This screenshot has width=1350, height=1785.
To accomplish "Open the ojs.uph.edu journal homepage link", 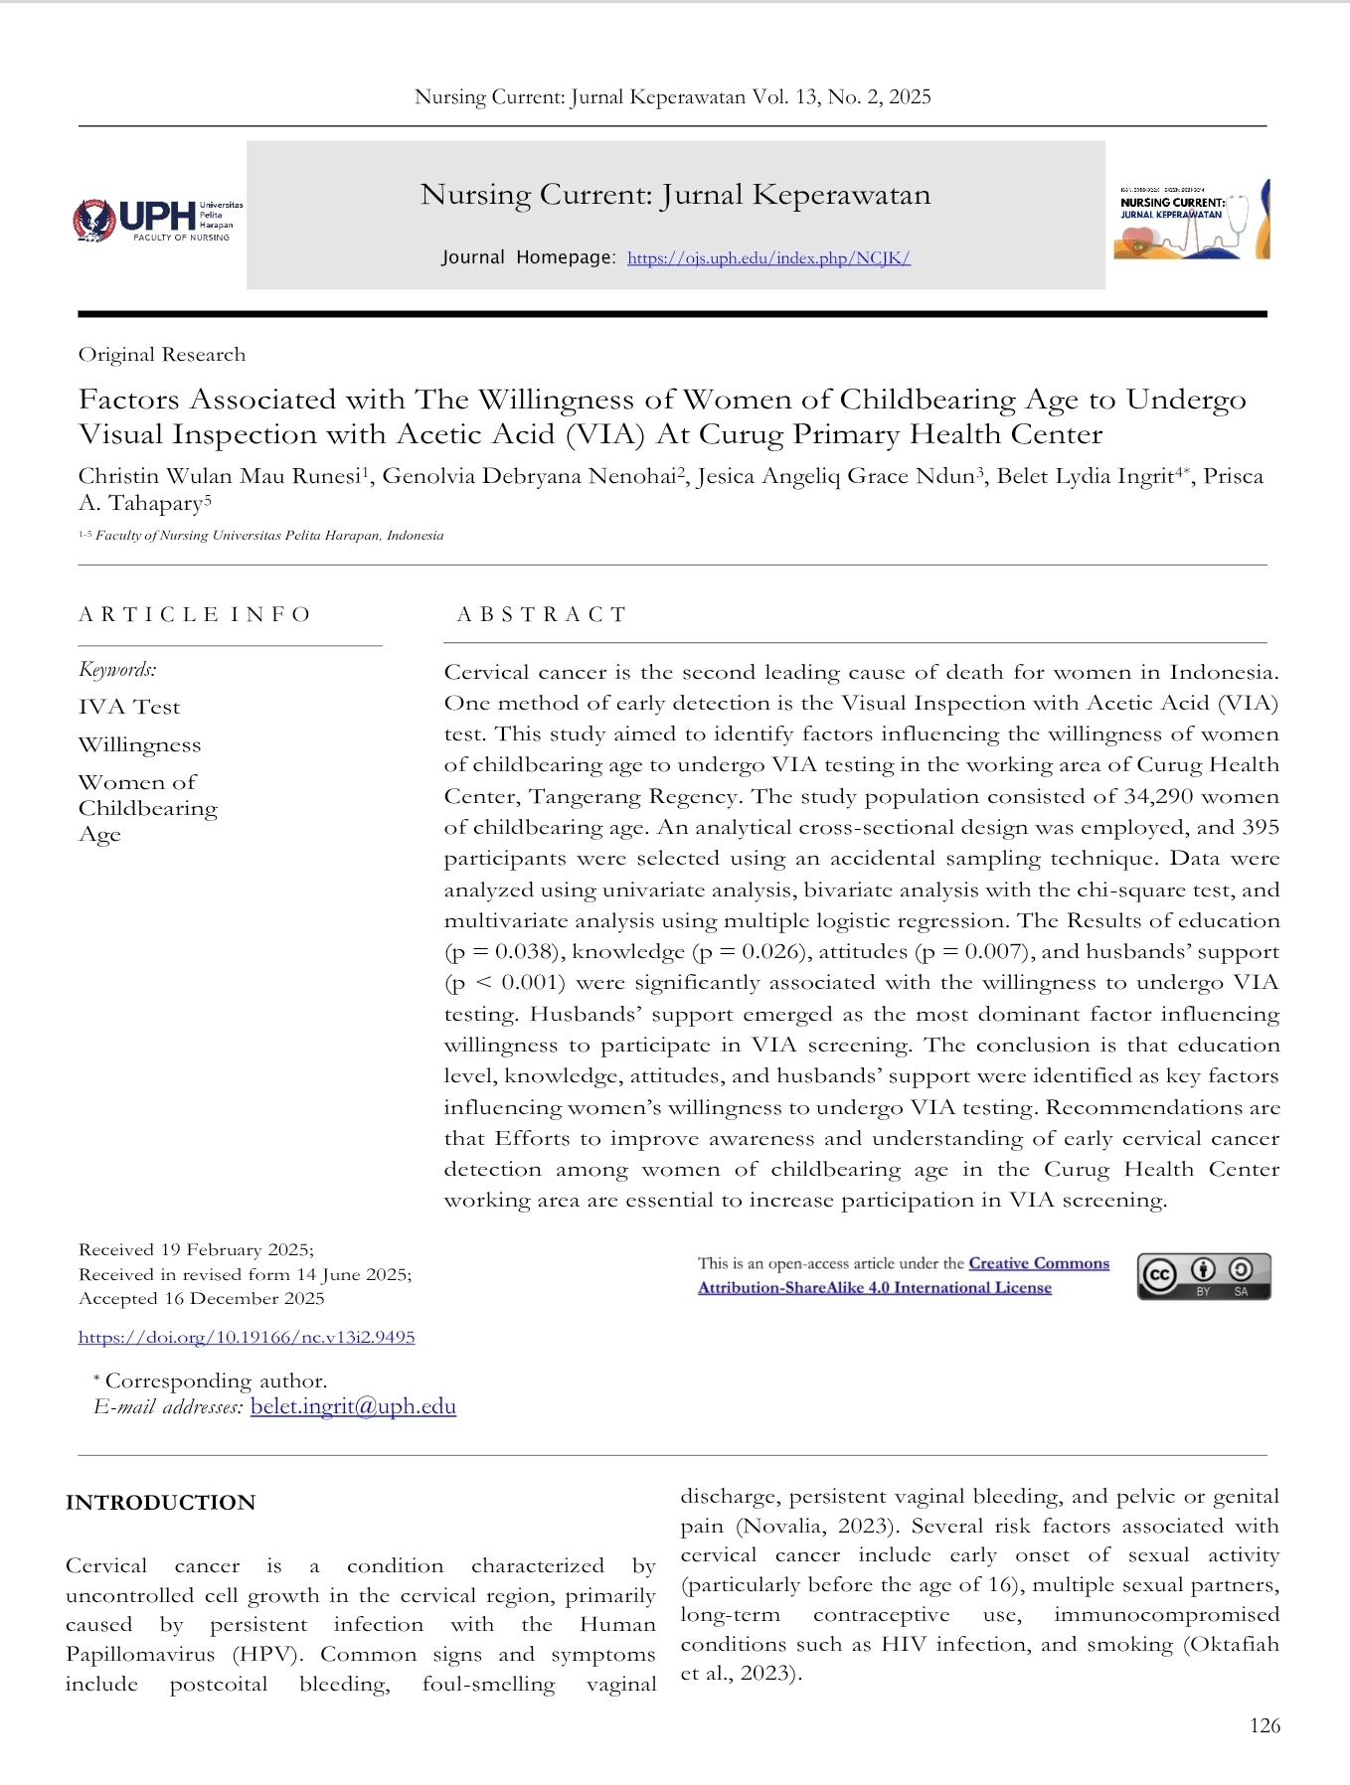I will coord(768,258).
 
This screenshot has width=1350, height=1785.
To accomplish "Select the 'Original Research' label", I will coord(162,355).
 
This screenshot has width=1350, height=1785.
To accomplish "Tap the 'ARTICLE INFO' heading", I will coord(195,614).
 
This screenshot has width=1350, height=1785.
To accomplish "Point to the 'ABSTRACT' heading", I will coord(542,614).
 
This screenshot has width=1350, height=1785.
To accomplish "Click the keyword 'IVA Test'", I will coord(129,707).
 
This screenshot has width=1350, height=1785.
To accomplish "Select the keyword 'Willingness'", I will coord(139,744).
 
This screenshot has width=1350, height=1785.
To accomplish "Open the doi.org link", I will coord(247,1337).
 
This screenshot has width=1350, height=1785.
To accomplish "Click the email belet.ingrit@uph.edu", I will coord(353,1406).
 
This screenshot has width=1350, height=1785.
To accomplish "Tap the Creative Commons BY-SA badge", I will coord(1204,1276).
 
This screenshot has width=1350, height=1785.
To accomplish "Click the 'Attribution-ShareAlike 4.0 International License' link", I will coord(874,1287).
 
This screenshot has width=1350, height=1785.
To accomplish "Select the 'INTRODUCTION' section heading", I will coord(160,1502).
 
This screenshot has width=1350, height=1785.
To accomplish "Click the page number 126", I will coord(1265,1725).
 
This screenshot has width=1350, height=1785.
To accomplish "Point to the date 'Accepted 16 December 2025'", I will coord(202,1298).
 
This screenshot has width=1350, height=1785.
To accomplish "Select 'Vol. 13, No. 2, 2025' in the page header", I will coord(841,96).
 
